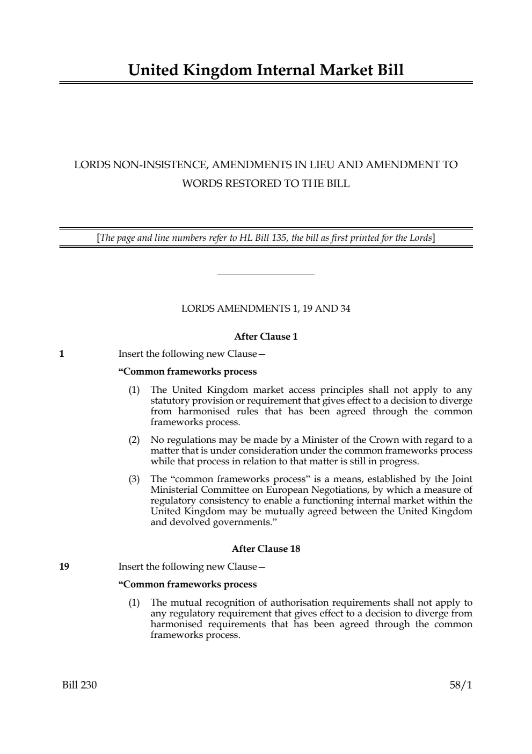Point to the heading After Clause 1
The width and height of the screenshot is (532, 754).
pyautogui.click(x=266, y=337)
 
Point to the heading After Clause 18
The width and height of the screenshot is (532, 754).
pyautogui.click(x=266, y=549)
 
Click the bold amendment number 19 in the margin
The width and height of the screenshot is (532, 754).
pyautogui.click(x=64, y=566)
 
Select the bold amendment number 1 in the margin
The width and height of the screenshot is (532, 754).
pyautogui.click(x=62, y=354)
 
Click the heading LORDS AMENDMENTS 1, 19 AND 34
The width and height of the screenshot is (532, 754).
pyautogui.click(x=266, y=308)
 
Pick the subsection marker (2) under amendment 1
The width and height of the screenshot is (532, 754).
pyautogui.click(x=134, y=440)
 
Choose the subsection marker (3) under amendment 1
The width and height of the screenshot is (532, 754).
pyautogui.click(x=134, y=479)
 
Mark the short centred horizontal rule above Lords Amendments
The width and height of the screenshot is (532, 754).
pyautogui.click(x=266, y=275)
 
